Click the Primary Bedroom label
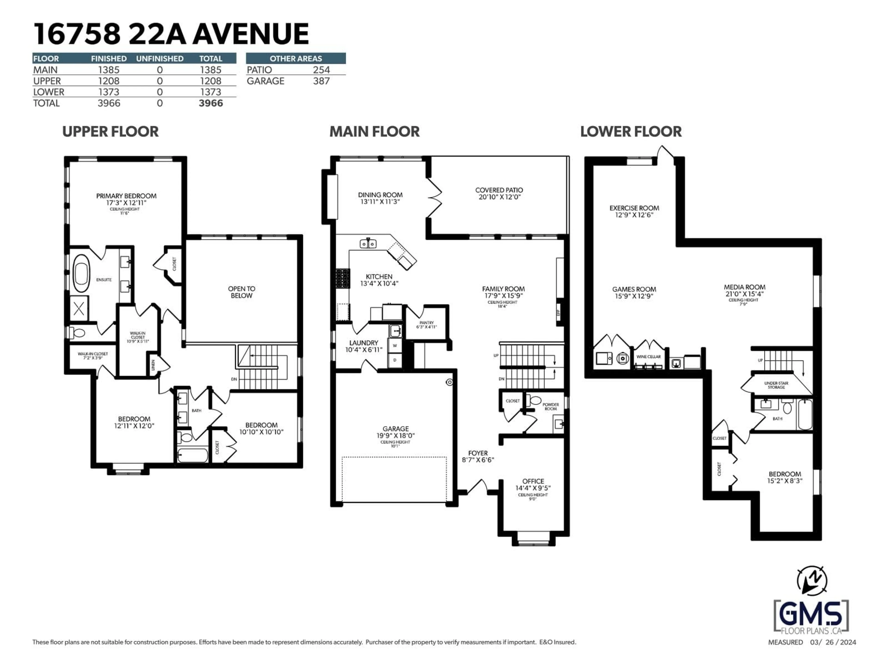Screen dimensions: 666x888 [x=126, y=196]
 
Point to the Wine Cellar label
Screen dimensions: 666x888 [x=648, y=357]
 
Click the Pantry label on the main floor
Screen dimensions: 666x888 [x=426, y=323]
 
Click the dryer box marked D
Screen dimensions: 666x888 [x=395, y=360]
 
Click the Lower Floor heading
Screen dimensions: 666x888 [x=631, y=131]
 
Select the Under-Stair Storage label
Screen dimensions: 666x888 [x=776, y=385]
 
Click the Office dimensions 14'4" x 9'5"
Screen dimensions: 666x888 [x=533, y=488]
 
